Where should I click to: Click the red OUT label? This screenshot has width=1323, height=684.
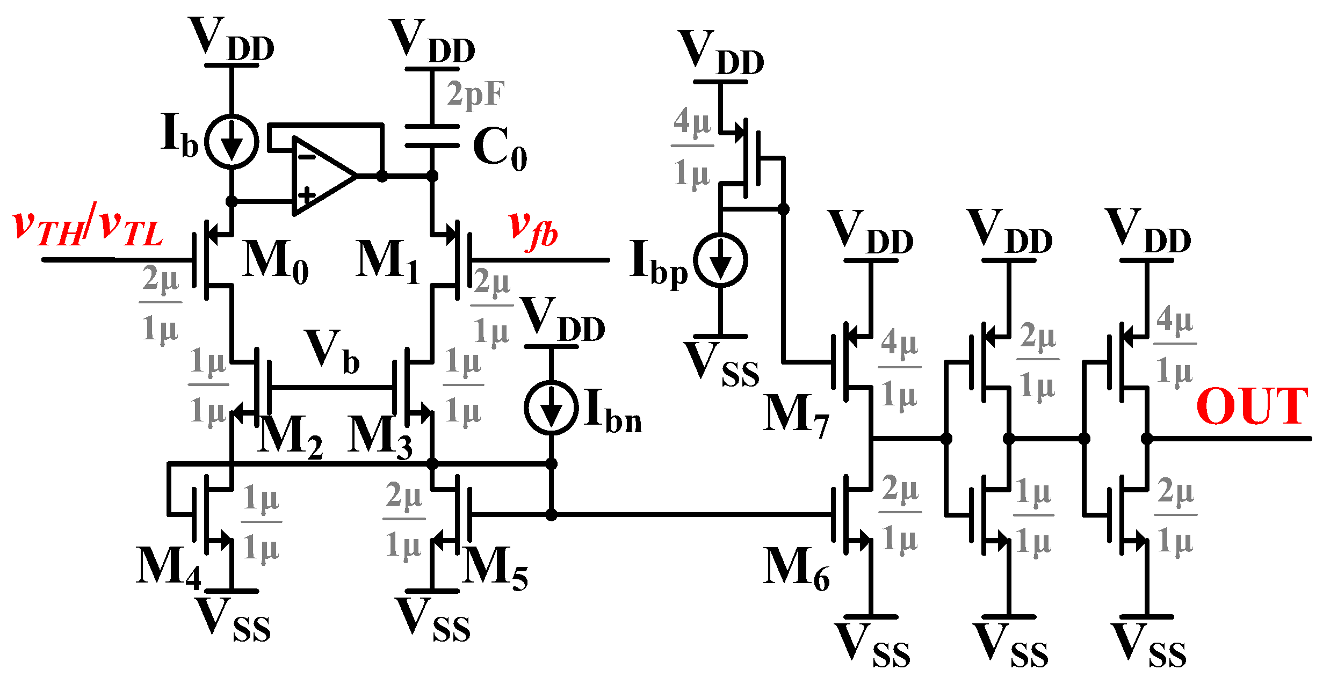pyautogui.click(x=1252, y=406)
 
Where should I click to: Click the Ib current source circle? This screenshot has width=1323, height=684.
pyautogui.click(x=232, y=142)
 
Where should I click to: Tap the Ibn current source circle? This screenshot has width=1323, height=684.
pyautogui.click(x=551, y=408)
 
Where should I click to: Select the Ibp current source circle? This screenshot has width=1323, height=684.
pyautogui.click(x=720, y=260)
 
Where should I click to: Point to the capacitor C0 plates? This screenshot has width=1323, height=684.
pyautogui.click(x=432, y=136)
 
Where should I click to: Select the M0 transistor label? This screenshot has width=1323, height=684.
pyautogui.click(x=276, y=261)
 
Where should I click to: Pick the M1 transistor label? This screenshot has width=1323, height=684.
pyautogui.click(x=387, y=261)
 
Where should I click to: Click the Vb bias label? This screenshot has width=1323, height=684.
pyautogui.click(x=331, y=352)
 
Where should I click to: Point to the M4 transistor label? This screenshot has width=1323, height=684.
pyautogui.click(x=168, y=567)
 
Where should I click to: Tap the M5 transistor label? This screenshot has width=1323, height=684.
pyautogui.click(x=495, y=567)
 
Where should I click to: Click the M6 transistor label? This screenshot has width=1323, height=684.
pyautogui.click(x=797, y=569)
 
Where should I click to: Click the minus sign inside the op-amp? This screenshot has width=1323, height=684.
pyautogui.click(x=306, y=157)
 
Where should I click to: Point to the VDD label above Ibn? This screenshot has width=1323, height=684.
pyautogui.click(x=562, y=321)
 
